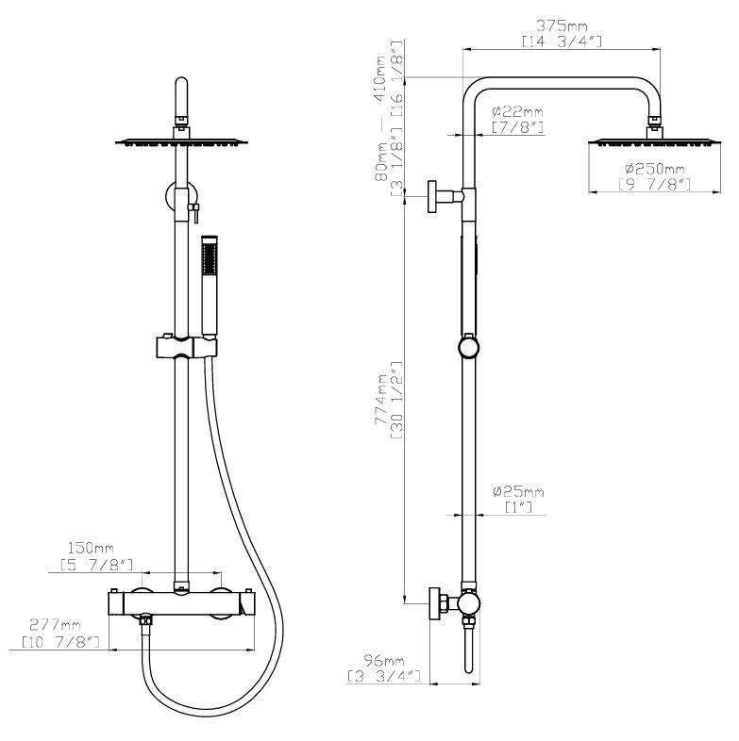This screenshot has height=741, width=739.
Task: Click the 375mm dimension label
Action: tap(562, 25)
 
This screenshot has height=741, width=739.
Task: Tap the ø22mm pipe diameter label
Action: tap(517, 112)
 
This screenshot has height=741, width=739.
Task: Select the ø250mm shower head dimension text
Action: tap(655, 169)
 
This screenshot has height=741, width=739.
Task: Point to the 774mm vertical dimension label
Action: tap(381, 400)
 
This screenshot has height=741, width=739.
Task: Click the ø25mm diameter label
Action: tap(518, 492)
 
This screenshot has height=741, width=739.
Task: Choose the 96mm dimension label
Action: tap(383, 660)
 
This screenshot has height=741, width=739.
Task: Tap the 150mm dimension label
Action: tap(91, 549)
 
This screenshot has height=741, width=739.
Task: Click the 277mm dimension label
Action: tap(56, 625)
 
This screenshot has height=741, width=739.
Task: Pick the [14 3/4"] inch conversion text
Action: tap(562, 41)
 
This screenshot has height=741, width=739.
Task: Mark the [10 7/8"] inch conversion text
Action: tap(60, 642)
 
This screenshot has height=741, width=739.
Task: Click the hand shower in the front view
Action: tap(210, 288)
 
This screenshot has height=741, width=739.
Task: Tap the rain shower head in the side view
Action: tap(655, 141)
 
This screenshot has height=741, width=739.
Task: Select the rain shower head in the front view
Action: tap(181, 141)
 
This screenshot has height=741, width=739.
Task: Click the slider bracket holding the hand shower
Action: tap(187, 347)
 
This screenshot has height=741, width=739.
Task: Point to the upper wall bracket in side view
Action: tap(445, 196)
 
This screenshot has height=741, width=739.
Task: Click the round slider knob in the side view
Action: tap(469, 347)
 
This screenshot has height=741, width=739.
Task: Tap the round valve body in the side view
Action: tap(469, 602)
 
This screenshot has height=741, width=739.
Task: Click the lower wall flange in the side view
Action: tap(434, 603)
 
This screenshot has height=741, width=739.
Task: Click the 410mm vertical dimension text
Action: tap(381, 78)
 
